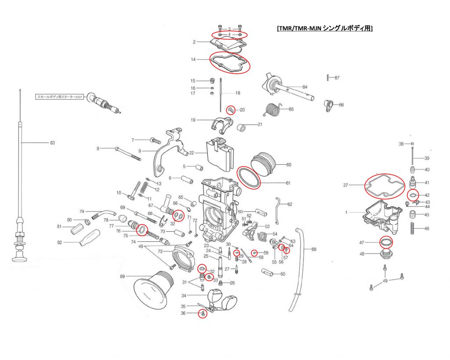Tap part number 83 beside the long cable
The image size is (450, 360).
pyautogui.click(x=52, y=142)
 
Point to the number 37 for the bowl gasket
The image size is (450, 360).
pyautogui.click(x=346, y=185)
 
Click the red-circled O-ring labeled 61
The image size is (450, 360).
pyautogui.click(x=249, y=177)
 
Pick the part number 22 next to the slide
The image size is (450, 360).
pyautogui.click(x=192, y=153)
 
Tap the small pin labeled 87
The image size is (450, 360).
pyautogui.click(x=329, y=78)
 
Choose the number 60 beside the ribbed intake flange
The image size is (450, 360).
pyautogui.click(x=289, y=165)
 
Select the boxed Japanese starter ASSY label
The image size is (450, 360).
pyautogui.click(x=59, y=96)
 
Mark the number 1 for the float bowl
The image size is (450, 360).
pyautogui.click(x=346, y=212)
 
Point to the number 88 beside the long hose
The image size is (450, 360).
pyautogui.click(x=314, y=249)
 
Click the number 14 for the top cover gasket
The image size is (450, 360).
pyautogui.click(x=193, y=59)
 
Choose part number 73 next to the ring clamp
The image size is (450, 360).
pyautogui.click(x=160, y=251)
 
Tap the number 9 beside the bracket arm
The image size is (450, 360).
pyautogui.click(x=139, y=151)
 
